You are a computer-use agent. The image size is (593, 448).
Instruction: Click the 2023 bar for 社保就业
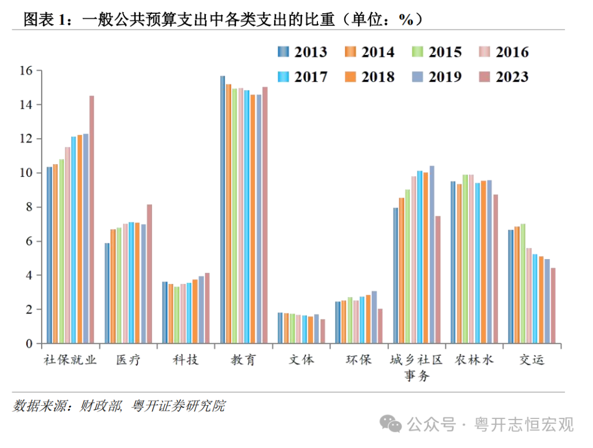[x=92, y=220]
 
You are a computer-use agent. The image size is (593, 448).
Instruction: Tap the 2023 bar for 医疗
[x=149, y=274]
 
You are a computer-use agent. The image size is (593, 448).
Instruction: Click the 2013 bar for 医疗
[x=107, y=293]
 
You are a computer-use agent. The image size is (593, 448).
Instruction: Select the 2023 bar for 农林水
[x=495, y=269]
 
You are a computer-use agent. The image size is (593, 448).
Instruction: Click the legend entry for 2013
[x=302, y=52]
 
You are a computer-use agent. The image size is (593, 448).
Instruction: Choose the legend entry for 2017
[x=302, y=77]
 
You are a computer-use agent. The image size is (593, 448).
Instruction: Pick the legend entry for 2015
[x=437, y=52]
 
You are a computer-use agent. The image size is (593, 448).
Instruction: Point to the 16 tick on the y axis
[x=26, y=70]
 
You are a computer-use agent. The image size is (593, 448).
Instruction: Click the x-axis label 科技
[x=186, y=360]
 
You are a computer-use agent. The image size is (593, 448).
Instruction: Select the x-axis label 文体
[x=301, y=360]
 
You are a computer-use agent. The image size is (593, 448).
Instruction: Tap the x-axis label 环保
[x=359, y=360]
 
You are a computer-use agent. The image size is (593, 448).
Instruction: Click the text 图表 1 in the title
[x=47, y=20]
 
